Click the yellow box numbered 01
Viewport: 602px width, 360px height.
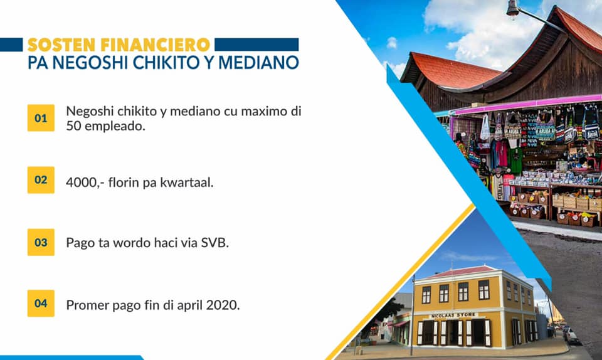click(41, 118)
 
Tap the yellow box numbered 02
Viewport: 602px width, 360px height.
click(41, 180)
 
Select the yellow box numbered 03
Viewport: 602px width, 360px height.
click(41, 242)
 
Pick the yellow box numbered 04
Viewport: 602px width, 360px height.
click(41, 303)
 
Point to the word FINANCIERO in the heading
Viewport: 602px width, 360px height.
click(156, 45)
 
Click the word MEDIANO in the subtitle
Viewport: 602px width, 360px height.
click(258, 63)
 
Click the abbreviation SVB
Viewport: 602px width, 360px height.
click(214, 243)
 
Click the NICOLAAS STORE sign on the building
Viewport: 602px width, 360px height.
click(453, 315)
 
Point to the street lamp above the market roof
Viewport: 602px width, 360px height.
click(514, 9)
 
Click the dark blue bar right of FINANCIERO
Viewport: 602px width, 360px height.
click(256, 45)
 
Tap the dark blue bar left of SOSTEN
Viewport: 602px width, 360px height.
click(11, 45)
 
